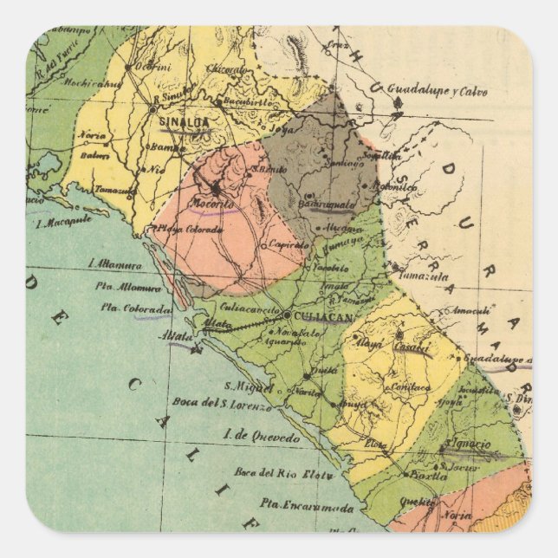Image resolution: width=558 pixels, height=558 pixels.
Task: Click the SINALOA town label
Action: (x=184, y=122)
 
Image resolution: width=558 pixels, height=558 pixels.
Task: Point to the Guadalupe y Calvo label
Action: (x=437, y=90)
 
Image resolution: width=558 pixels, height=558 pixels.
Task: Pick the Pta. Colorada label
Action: (x=136, y=307)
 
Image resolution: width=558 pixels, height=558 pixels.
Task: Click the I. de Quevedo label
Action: (x=259, y=438)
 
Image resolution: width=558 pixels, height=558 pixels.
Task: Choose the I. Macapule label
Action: (x=65, y=224)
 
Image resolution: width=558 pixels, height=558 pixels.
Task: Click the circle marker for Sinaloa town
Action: (x=152, y=110)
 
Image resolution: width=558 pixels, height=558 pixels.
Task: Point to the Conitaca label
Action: (x=410, y=387)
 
